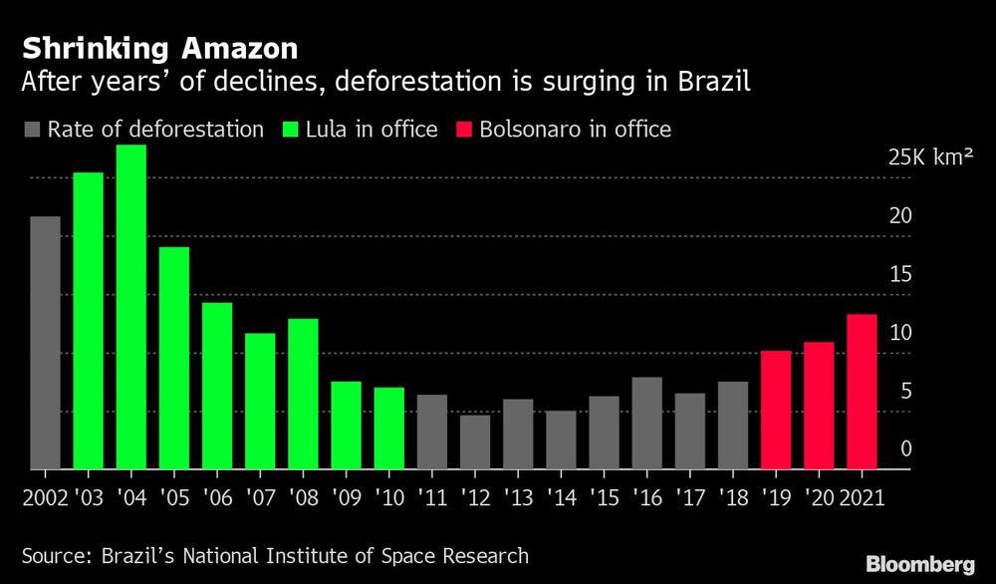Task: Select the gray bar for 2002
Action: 45,343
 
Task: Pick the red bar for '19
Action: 776,410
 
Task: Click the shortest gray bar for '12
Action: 475,441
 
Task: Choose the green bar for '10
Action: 389,428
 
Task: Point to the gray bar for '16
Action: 646,423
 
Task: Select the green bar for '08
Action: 303,394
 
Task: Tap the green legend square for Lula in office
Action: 292,131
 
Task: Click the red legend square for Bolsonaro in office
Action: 463,131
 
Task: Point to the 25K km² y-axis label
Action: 930,157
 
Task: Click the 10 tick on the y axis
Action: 900,333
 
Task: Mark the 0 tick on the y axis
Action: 906,449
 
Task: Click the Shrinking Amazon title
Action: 160,48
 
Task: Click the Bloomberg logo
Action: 917,564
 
